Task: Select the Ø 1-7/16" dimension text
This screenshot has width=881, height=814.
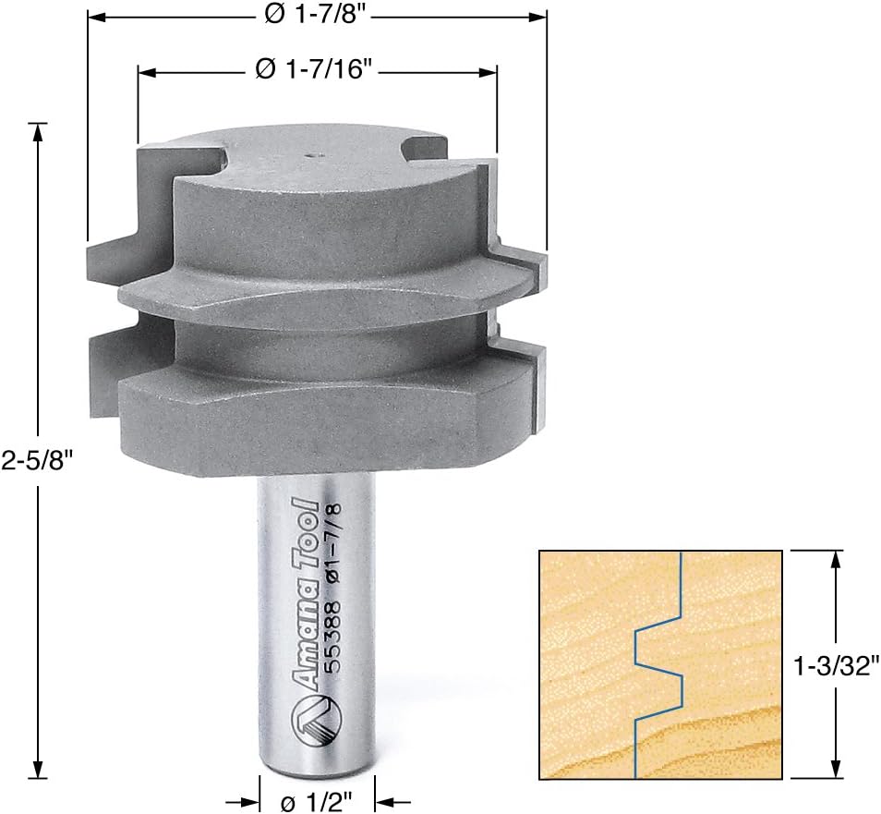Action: pos(316,70)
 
